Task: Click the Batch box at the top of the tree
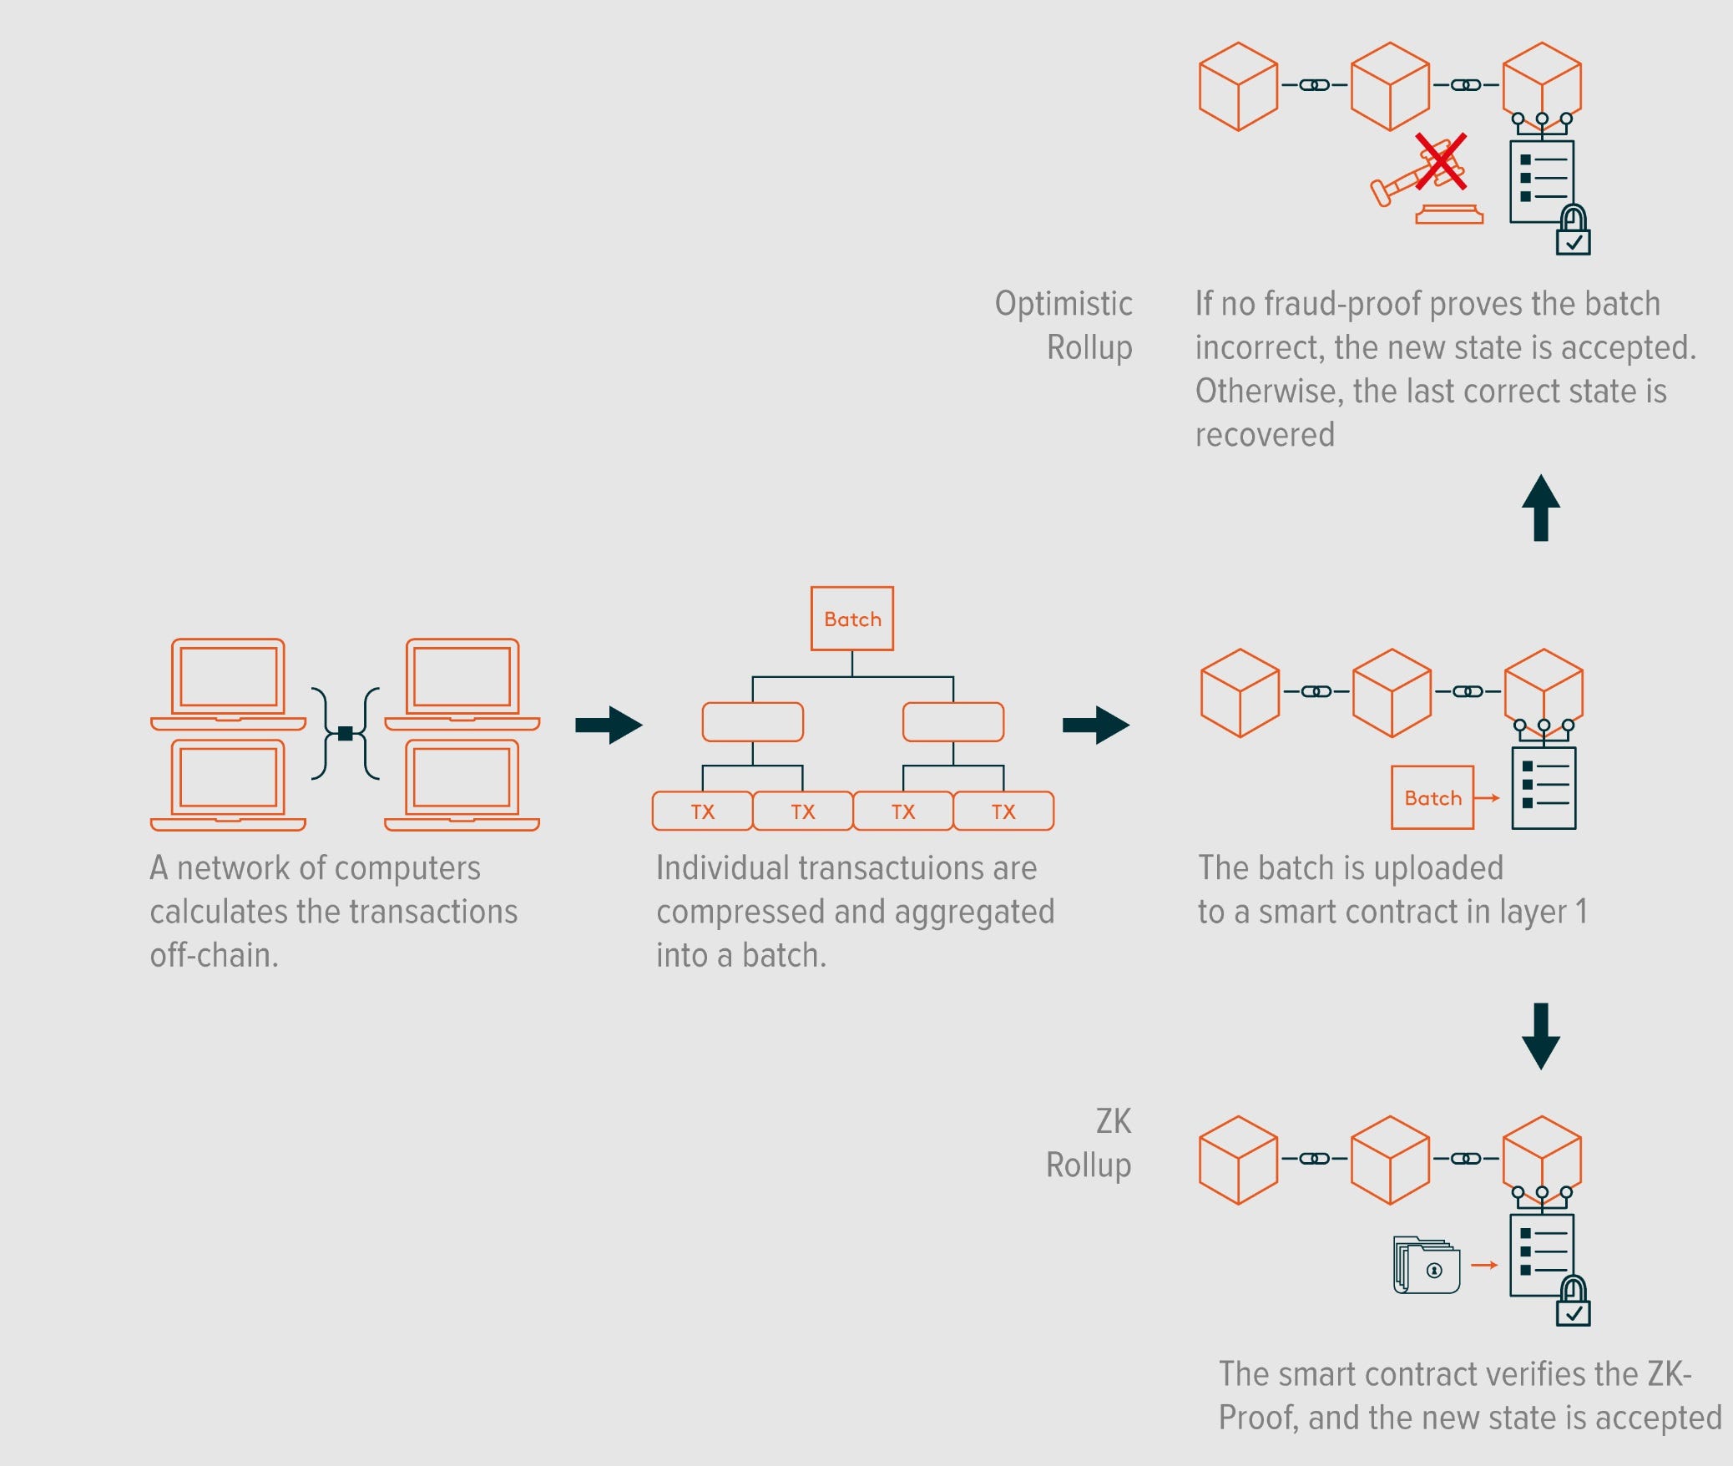pos(851,619)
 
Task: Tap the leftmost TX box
pos(702,811)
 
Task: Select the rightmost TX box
pos(1003,811)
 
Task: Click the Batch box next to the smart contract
pos(1432,797)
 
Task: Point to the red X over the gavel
pos(1441,161)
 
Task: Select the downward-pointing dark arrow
pos(1540,1036)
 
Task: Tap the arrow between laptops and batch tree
pos(609,725)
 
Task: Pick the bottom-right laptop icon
pos(462,785)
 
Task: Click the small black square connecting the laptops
pos(345,733)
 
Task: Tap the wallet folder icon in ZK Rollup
pos(1427,1266)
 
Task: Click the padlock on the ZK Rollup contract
pos(1573,1302)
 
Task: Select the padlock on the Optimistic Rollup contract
pos(1573,230)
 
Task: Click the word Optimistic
pos(1063,304)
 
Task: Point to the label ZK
pos(1113,1121)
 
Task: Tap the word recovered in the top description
pos(1264,435)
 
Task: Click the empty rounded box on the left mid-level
pos(752,721)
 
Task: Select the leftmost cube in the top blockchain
pos(1238,87)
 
